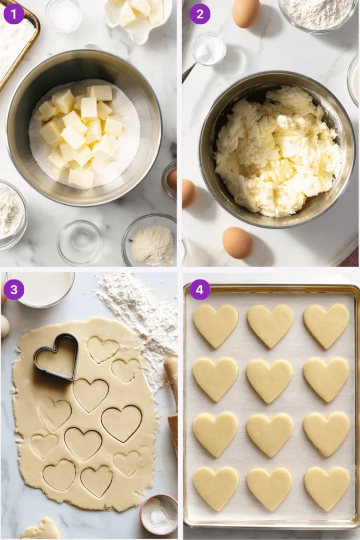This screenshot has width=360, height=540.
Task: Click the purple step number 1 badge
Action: [x=14, y=14]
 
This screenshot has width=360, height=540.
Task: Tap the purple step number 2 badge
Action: [x=200, y=14]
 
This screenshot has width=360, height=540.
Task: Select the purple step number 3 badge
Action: [x=14, y=290]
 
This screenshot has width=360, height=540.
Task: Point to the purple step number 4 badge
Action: [x=200, y=290]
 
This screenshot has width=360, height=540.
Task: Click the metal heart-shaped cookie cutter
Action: [x=56, y=356]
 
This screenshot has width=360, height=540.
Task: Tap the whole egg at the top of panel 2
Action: [x=246, y=13]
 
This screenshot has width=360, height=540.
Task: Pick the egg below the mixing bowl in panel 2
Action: [x=237, y=242]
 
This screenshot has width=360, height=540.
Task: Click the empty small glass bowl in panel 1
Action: [x=80, y=242]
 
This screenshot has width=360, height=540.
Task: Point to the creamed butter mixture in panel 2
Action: [x=277, y=150]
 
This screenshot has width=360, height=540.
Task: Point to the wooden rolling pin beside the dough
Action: [x=172, y=401]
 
